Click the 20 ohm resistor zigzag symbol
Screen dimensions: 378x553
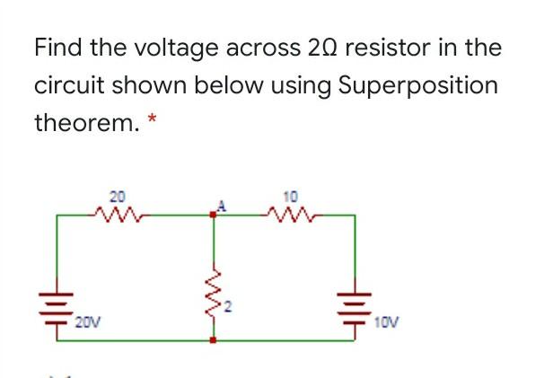click(x=117, y=214)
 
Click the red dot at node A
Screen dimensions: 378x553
click(x=214, y=215)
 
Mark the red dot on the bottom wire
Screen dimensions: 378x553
click(x=214, y=342)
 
